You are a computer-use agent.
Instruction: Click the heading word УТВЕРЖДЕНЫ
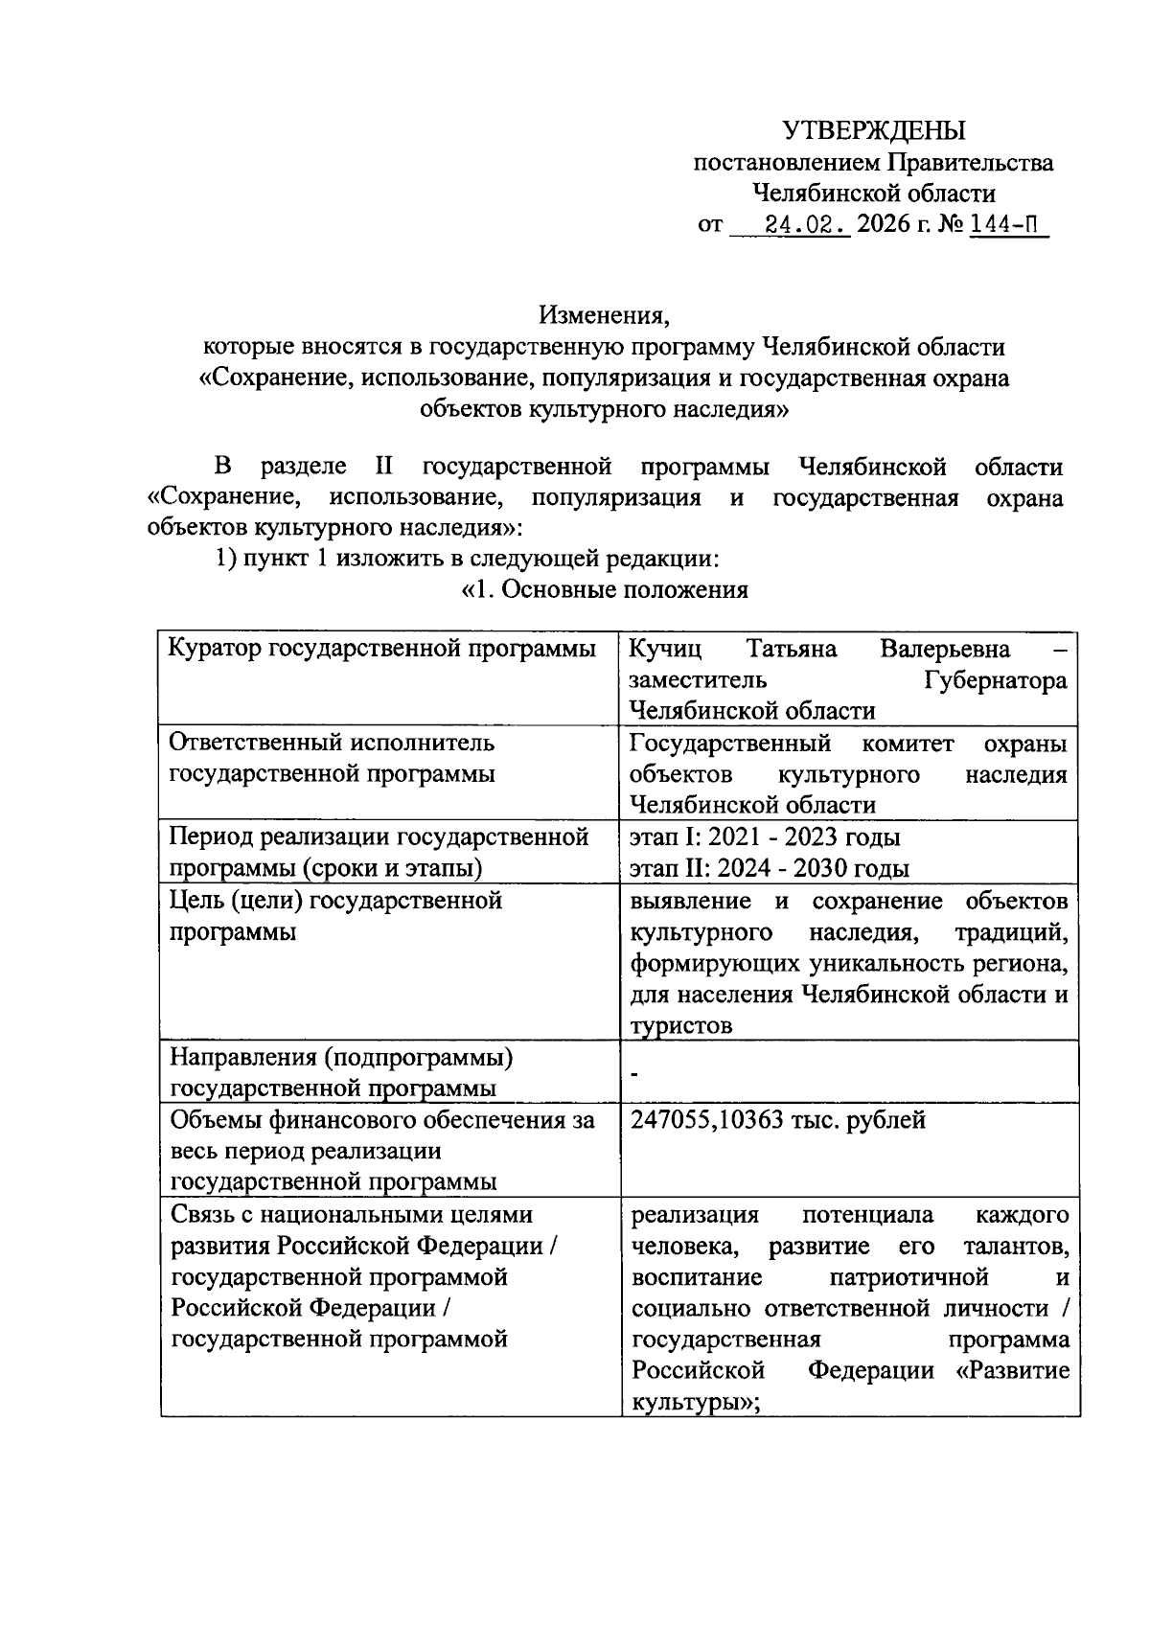coord(873,130)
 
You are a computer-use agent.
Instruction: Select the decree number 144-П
coord(1005,226)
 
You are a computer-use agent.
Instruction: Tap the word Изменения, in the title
coord(601,314)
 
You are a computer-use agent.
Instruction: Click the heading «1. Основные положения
coord(605,589)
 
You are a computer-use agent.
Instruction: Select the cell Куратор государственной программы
coord(381,650)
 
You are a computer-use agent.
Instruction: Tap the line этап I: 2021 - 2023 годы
coord(765,837)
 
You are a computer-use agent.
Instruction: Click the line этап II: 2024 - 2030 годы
coord(770,869)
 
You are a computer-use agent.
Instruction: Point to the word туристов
coord(681,1025)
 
